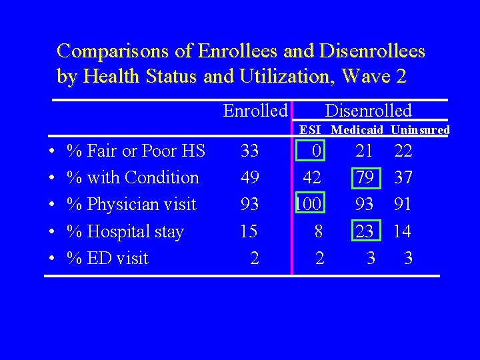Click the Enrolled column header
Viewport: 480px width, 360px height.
coord(255,111)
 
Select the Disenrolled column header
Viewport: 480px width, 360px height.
coord(368,111)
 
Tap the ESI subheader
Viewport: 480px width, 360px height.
coord(311,130)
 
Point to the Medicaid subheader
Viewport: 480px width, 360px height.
coord(357,130)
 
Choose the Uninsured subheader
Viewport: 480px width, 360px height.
coord(420,130)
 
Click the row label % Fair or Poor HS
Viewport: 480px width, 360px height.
coord(136,151)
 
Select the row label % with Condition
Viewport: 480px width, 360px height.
coord(133,178)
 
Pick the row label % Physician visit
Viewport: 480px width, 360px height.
coord(132,204)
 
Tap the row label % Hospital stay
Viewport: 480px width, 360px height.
coord(125,231)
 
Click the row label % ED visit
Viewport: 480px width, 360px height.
coord(108,258)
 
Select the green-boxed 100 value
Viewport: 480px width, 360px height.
coord(309,204)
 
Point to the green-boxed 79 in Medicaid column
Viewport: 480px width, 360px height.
coord(365,178)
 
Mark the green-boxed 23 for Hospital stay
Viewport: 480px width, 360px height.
coord(365,231)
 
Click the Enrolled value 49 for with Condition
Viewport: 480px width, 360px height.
coord(249,178)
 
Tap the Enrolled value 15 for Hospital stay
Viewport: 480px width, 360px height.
coord(249,231)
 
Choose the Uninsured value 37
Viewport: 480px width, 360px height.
coord(403,178)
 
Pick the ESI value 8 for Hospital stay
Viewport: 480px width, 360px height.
coord(320,231)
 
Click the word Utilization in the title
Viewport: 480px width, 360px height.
coord(288,77)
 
